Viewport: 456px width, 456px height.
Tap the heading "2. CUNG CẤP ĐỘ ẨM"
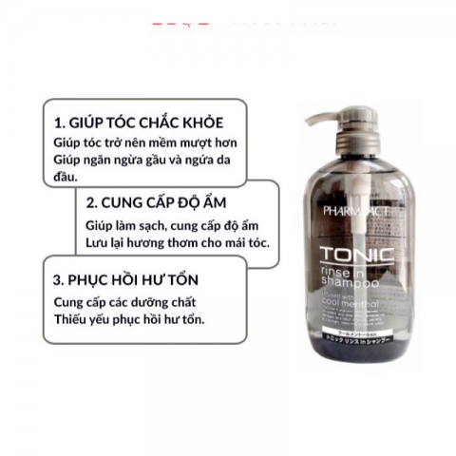click(x=160, y=202)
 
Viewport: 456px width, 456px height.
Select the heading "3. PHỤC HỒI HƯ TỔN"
click(x=133, y=281)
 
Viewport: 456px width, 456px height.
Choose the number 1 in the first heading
click(x=58, y=122)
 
